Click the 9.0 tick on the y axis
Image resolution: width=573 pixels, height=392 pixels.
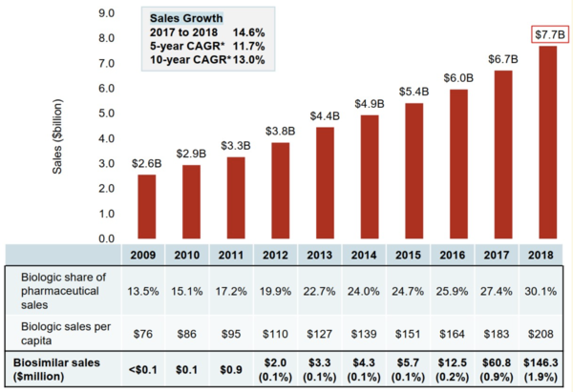coord(106,13)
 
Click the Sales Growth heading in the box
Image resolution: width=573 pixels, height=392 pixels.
coord(185,18)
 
